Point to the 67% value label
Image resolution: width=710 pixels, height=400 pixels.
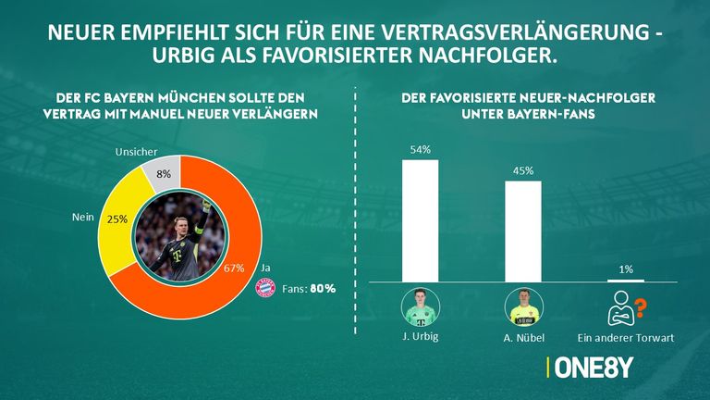click(x=233, y=268)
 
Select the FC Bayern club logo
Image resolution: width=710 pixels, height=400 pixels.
click(x=265, y=288)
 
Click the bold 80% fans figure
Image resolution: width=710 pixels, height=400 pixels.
click(x=323, y=289)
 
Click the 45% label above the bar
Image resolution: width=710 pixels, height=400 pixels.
click(x=522, y=170)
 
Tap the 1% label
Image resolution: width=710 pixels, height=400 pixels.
click(x=626, y=269)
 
